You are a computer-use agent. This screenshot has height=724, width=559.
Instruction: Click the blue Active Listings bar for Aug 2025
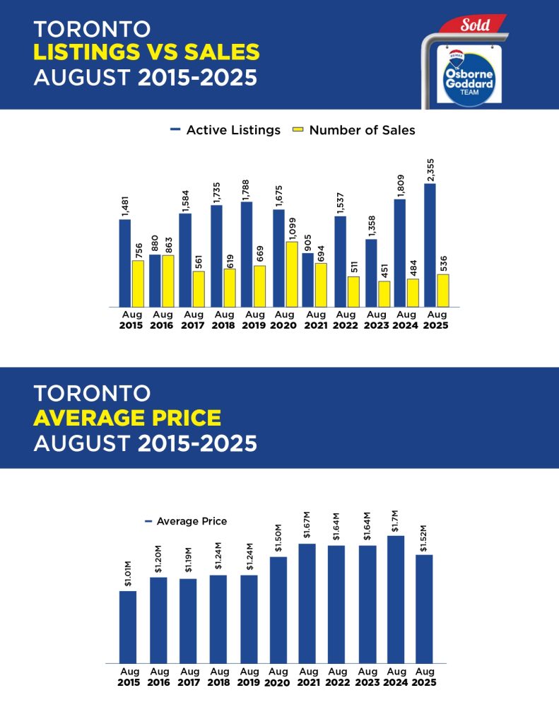pos(430,245)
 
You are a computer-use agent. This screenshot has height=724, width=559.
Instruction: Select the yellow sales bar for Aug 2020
pos(291,274)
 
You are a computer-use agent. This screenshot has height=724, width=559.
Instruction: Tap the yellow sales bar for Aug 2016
pos(168,281)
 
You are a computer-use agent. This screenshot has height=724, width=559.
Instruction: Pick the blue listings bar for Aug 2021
pos(307,280)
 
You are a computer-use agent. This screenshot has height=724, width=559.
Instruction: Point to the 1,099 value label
pos(291,227)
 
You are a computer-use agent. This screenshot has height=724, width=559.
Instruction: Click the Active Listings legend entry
pos(225,130)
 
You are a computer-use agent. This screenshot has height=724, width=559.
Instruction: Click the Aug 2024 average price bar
pos(396,599)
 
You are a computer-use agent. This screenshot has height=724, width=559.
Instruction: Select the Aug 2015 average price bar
pos(127,626)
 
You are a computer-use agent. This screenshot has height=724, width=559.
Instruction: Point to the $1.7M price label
pos(396,520)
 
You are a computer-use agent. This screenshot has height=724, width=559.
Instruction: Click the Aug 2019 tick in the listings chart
pos(254,320)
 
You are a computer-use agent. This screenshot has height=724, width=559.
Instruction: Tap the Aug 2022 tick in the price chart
pos(336,677)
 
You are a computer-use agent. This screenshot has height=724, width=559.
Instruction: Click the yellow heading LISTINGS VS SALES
pos(146,52)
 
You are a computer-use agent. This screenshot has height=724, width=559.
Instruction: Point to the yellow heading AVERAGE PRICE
pos(127,418)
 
